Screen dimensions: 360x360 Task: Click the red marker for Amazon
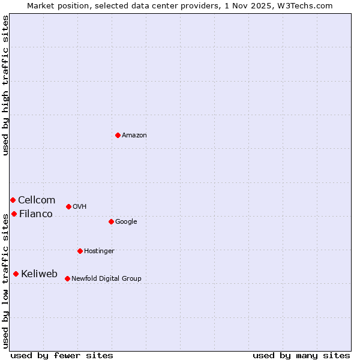(x=118, y=135)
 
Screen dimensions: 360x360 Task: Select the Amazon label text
(x=134, y=136)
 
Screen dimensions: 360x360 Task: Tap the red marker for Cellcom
(x=13, y=200)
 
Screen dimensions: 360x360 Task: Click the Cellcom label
(x=37, y=200)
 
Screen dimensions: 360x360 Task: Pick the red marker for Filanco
(x=14, y=214)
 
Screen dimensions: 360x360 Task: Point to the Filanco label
(x=36, y=214)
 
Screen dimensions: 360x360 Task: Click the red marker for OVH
(x=68, y=206)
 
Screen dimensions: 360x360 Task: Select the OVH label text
(x=80, y=207)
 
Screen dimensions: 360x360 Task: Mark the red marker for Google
(x=111, y=221)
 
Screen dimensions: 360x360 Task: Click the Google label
(x=126, y=222)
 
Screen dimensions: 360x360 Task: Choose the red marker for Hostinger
(x=80, y=251)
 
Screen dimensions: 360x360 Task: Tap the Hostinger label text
(x=99, y=251)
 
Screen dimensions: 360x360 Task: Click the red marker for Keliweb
(x=16, y=274)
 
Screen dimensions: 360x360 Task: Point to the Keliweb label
(x=40, y=274)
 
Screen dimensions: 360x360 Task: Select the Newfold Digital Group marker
(x=67, y=278)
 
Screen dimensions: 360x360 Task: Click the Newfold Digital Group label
(x=106, y=279)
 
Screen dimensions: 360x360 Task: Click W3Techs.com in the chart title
(x=310, y=5)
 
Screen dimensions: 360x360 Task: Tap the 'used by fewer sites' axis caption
(x=62, y=356)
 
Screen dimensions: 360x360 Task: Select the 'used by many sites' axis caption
(x=301, y=356)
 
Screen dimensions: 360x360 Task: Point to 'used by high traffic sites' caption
(x=5, y=85)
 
